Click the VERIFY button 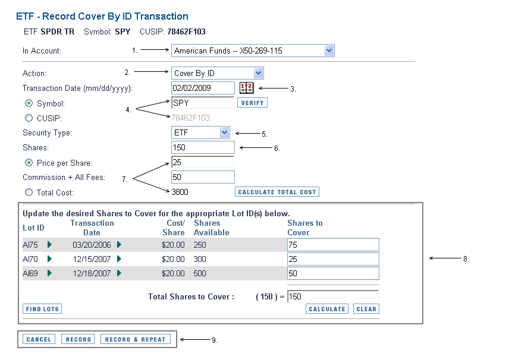click(252, 103)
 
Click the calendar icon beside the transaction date click(247, 88)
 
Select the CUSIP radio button click(29, 118)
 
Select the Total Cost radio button click(29, 192)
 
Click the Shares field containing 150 click(203, 147)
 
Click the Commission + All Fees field click(203, 177)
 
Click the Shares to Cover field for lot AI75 click(333, 245)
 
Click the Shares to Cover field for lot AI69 click(333, 273)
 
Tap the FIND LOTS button click(42, 309)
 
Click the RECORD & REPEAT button click(136, 339)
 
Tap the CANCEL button click(39, 339)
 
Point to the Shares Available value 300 click(200, 259)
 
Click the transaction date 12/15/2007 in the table click(92, 259)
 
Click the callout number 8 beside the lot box click(466, 259)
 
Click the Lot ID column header click(33, 228)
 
